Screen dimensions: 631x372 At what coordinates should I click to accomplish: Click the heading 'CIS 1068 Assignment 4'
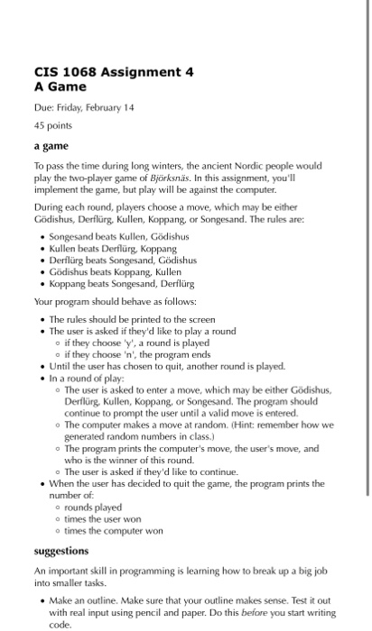coord(114,72)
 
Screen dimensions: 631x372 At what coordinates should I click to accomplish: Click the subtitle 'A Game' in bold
coord(60,87)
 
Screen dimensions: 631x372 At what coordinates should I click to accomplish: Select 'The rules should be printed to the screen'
coord(132,319)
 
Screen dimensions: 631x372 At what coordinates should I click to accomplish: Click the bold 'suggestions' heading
coord(61,549)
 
